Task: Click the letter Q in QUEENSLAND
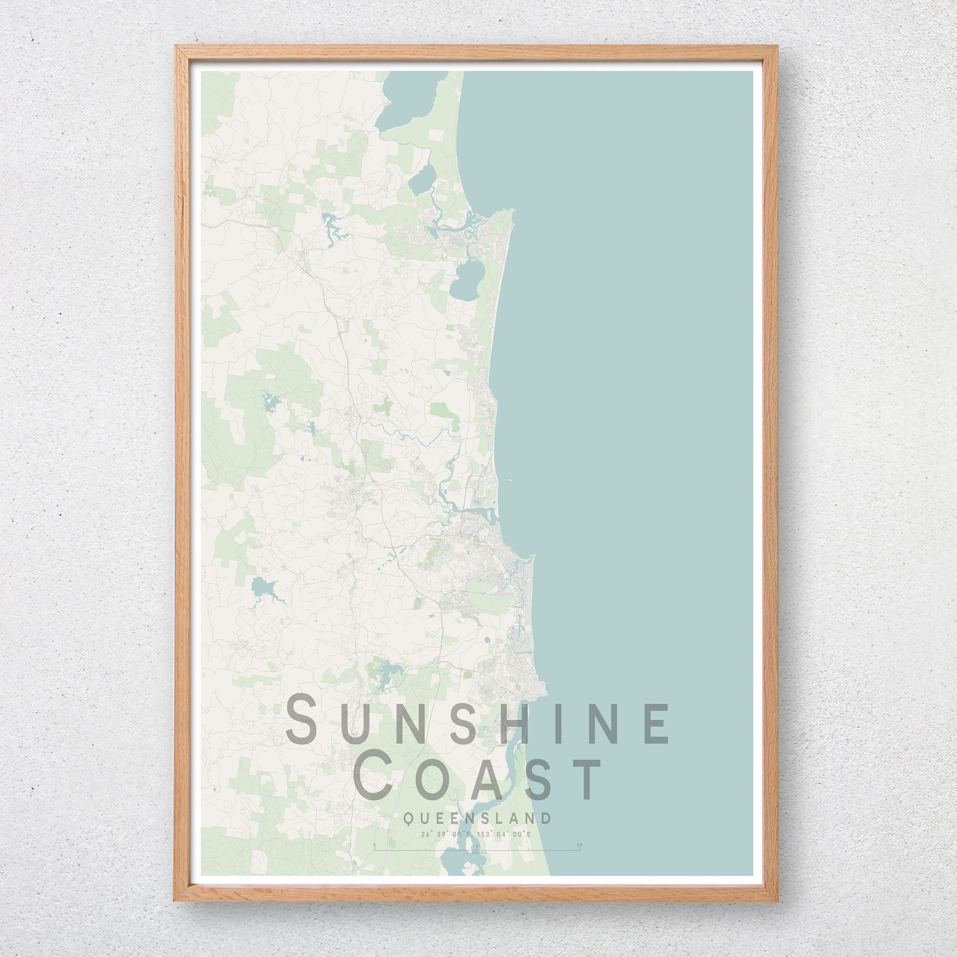[x=407, y=818]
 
